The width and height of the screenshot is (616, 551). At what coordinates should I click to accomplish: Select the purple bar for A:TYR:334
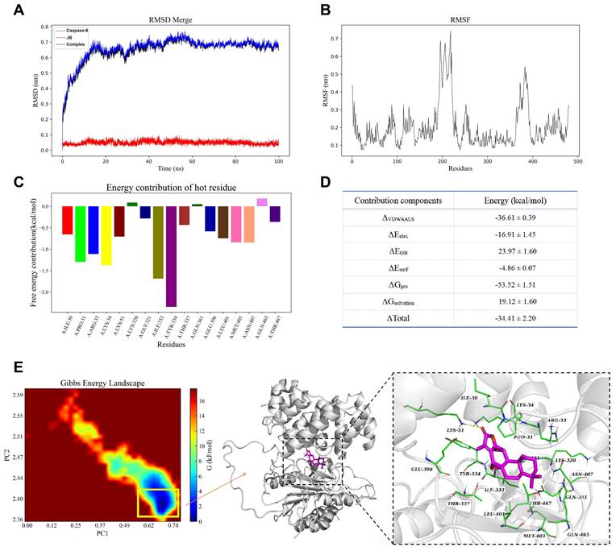point(171,256)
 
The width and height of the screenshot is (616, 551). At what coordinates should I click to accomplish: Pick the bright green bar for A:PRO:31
point(80,234)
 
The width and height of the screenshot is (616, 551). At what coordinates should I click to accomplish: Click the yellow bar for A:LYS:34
point(106,235)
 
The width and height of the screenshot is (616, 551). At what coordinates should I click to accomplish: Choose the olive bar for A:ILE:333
point(158,242)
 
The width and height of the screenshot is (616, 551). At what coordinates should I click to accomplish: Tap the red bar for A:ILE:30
point(68,220)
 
